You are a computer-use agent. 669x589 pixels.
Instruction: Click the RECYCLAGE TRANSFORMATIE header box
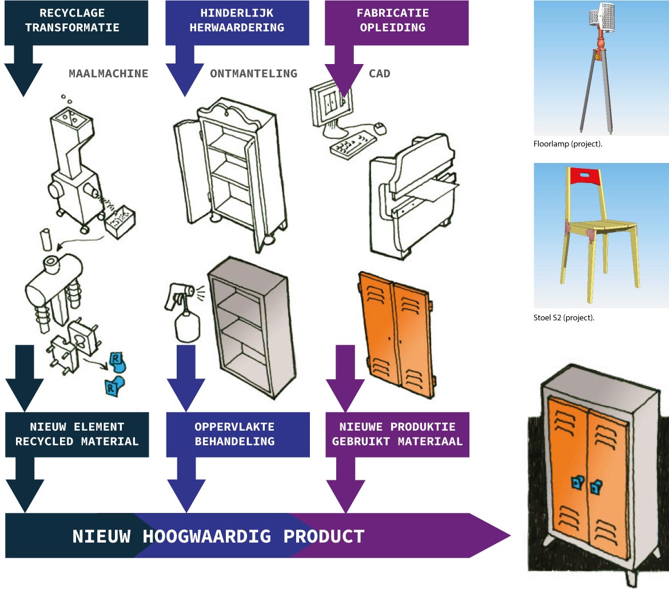tap(76, 20)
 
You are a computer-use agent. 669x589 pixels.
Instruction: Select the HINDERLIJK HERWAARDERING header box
tap(237, 20)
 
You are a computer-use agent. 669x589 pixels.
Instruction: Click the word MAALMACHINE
tap(108, 73)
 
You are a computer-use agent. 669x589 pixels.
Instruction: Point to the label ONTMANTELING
tap(254, 73)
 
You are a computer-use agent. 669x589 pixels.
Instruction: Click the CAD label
tap(380, 73)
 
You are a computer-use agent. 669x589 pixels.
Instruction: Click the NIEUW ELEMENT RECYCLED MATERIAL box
tap(76, 435)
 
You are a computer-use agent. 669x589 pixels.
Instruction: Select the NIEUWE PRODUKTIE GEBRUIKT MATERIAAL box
tap(397, 435)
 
